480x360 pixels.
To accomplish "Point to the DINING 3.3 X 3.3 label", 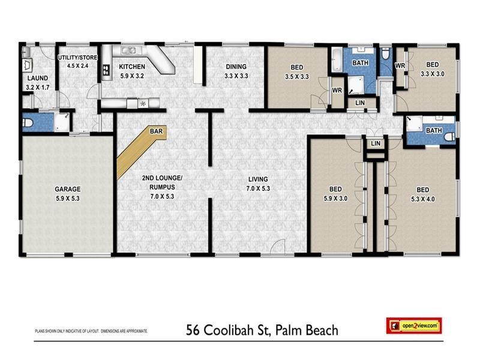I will (236, 71).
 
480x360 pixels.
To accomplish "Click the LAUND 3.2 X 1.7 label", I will (37, 82).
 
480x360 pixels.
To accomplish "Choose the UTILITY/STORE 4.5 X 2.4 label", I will (77, 61).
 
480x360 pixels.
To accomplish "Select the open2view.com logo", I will (415, 326).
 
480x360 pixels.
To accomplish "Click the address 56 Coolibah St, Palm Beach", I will (263, 330).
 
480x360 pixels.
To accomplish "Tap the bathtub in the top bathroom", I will (336, 62).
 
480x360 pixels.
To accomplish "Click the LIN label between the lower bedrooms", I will (375, 144).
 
